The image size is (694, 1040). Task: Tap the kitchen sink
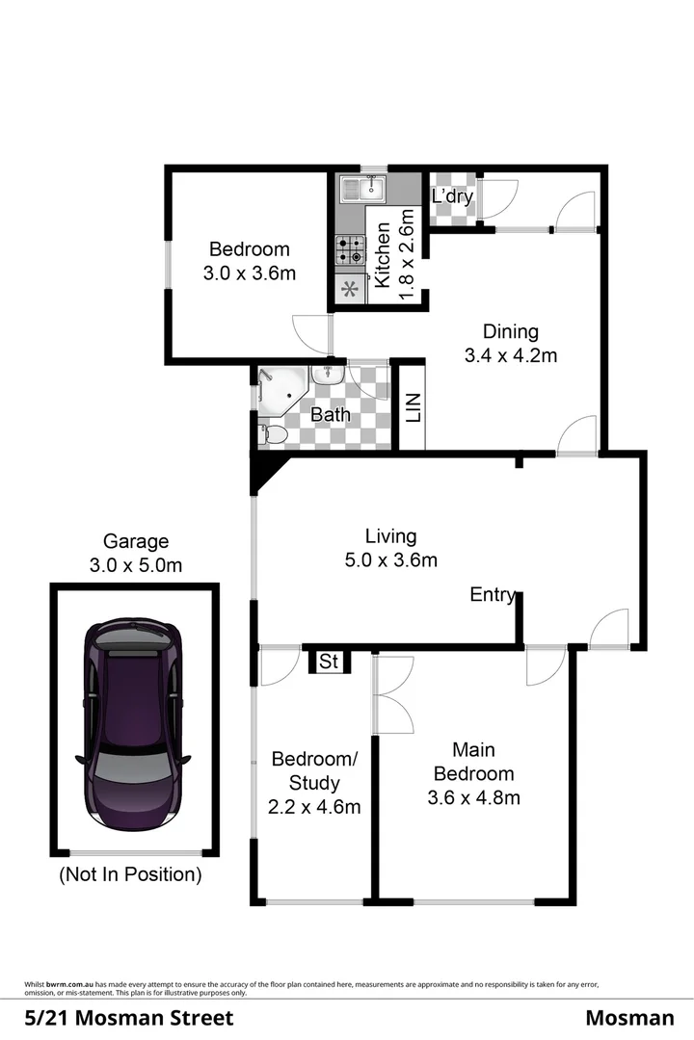coord(360,188)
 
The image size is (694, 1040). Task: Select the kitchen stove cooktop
coord(349,250)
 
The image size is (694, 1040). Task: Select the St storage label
coord(329,662)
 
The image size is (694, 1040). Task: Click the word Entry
coord(492,595)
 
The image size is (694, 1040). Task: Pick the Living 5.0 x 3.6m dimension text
coord(390,559)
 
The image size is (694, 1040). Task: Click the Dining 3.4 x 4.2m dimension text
coord(511,355)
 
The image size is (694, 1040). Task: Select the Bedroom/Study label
coord(314,782)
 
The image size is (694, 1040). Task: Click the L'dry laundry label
coord(451,197)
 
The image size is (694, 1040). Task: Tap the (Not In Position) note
coord(130,875)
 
